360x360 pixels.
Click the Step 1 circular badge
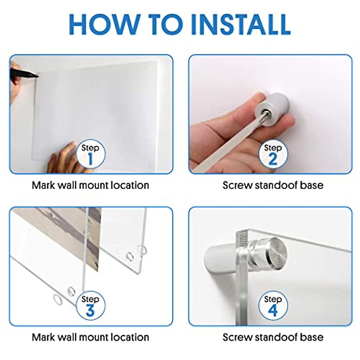point(90,154)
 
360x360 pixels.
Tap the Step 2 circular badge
point(273,154)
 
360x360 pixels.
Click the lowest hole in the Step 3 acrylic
point(58,301)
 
